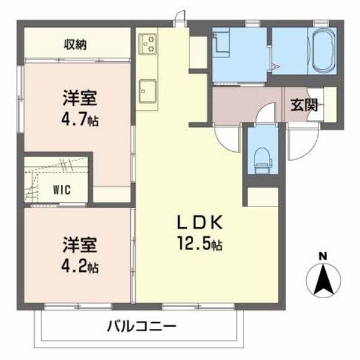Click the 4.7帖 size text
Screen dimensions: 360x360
[x=80, y=119]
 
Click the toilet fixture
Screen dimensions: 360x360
[x=262, y=158]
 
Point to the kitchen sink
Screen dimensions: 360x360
[x=148, y=91]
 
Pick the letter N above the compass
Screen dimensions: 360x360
[x=323, y=257]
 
